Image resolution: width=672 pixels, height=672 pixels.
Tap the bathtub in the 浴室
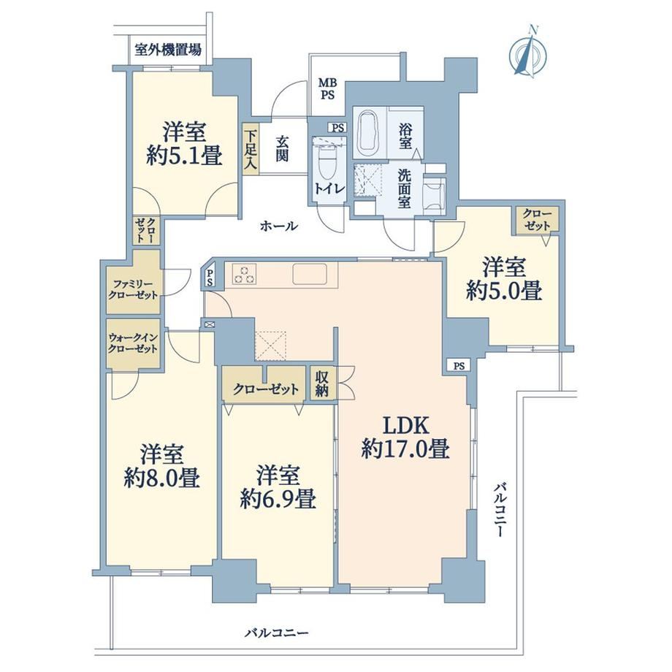(367, 133)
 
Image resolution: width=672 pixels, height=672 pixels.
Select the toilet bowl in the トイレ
(328, 164)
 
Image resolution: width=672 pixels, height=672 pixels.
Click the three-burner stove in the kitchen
(244, 275)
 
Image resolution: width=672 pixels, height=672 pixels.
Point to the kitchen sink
(310, 274)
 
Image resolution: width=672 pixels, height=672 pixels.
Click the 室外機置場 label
(167, 49)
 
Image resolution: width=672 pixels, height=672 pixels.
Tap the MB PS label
(328, 88)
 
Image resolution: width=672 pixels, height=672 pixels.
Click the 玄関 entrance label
(281, 148)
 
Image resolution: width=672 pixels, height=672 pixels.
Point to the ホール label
(278, 226)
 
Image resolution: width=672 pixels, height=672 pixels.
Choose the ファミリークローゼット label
(133, 289)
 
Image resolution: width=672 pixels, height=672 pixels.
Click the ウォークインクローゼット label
(133, 343)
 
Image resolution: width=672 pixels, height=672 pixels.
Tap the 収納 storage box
(321, 383)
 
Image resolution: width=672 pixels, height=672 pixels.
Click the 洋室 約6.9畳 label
(278, 486)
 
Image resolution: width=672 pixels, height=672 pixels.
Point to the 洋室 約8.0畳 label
(162, 466)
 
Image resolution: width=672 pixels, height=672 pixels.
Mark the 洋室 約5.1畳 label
(184, 144)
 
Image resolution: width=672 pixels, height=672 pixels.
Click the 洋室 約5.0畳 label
(504, 278)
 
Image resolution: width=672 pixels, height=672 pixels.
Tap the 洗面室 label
(404, 188)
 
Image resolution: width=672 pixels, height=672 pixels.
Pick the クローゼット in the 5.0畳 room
(538, 220)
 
